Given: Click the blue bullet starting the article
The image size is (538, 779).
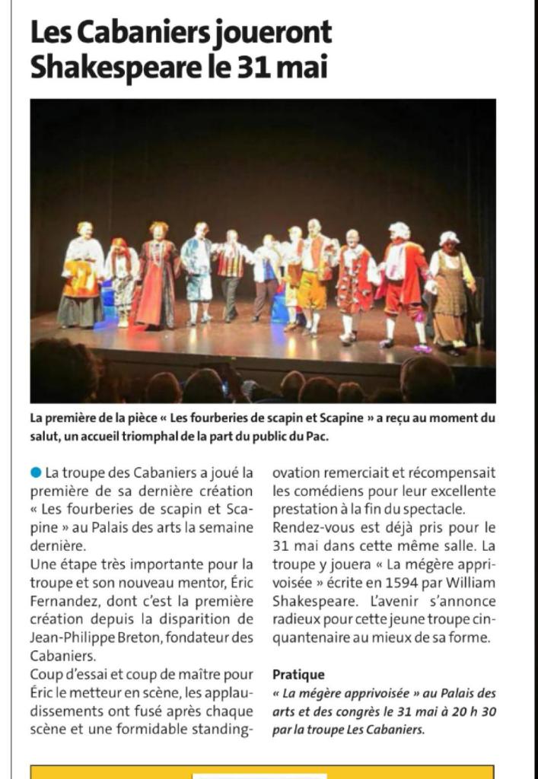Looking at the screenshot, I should pos(36,473).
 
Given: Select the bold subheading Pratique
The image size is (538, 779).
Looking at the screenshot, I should pos(298,675).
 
